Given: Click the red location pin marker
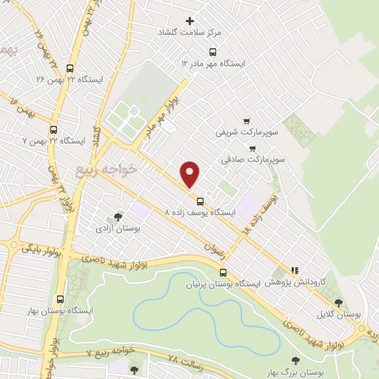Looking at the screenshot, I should click(x=191, y=174).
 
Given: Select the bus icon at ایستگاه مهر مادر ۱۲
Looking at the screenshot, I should click(x=213, y=52).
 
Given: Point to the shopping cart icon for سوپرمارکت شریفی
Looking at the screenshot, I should click(x=246, y=121).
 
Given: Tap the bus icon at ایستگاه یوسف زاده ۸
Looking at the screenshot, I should click(x=200, y=201).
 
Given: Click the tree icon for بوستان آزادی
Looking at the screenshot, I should click(x=118, y=217).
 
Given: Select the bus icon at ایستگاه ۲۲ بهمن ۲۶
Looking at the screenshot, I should click(x=70, y=67).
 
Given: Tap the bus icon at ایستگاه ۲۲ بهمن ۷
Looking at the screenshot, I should click(x=53, y=130).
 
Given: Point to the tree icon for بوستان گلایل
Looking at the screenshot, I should click(x=338, y=303).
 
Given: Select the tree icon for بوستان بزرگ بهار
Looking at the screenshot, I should click(x=295, y=360).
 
